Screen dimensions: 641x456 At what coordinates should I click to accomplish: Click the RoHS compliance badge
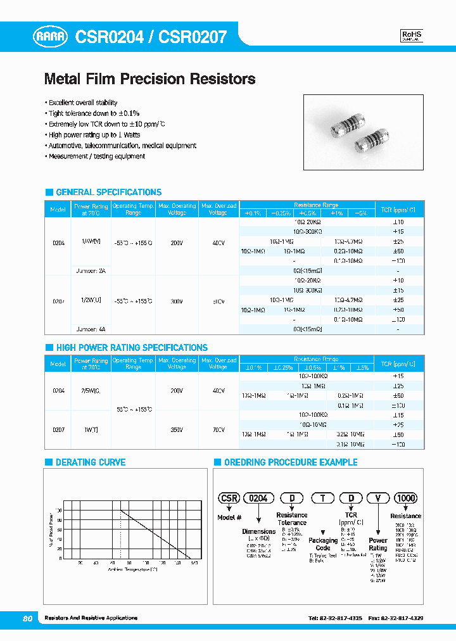tap(412, 36)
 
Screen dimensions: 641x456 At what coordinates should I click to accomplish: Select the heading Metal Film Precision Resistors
tap(149, 79)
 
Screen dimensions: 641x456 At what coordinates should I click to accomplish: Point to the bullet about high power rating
tap(94, 135)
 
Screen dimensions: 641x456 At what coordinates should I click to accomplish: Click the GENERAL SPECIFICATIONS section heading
tap(108, 192)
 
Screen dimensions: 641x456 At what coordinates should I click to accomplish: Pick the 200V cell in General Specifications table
tap(176, 243)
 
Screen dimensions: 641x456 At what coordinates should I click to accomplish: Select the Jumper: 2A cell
tap(91, 269)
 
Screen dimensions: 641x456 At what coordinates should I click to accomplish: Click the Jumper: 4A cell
tap(91, 329)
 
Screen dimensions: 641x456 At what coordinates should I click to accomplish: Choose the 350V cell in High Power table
tap(176, 429)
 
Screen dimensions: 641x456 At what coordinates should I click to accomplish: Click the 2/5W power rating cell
tap(91, 391)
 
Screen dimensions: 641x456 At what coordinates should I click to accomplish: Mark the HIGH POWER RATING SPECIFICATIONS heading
tap(131, 348)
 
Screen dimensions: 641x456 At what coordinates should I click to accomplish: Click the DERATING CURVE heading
tap(91, 462)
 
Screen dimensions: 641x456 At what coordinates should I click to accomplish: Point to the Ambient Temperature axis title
tap(132, 569)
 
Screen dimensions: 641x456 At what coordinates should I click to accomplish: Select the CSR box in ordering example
tap(229, 498)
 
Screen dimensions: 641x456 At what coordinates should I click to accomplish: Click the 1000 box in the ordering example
tap(405, 498)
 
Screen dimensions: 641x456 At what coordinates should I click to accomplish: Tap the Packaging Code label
tap(323, 544)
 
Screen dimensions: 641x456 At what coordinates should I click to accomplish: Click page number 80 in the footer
tap(27, 618)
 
